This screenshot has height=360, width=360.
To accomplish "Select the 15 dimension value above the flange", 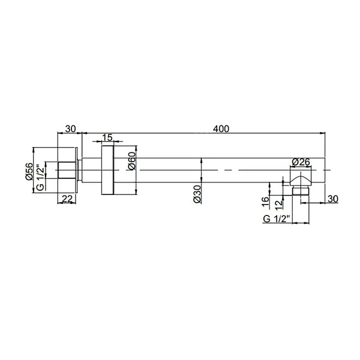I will (107, 138).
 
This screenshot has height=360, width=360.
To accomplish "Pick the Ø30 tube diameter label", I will (197, 193).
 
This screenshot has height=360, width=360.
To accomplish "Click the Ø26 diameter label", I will (300, 161).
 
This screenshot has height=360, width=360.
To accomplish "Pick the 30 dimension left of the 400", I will (70, 128).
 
